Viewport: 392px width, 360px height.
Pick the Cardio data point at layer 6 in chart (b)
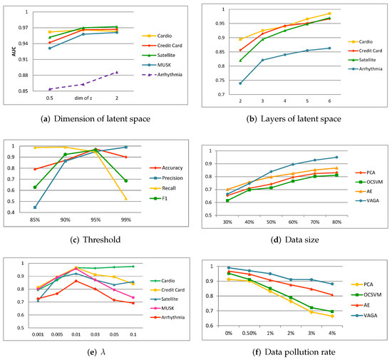click(x=350, y=14)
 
